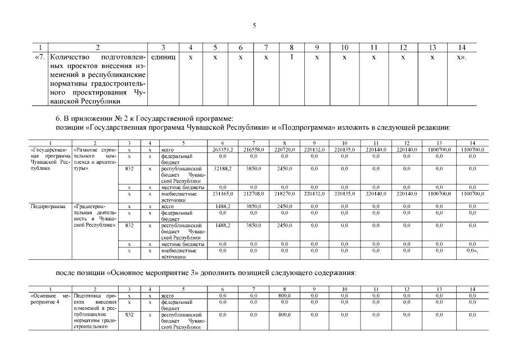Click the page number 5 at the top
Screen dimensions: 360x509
point(254,26)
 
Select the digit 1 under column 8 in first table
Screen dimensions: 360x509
point(291,57)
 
